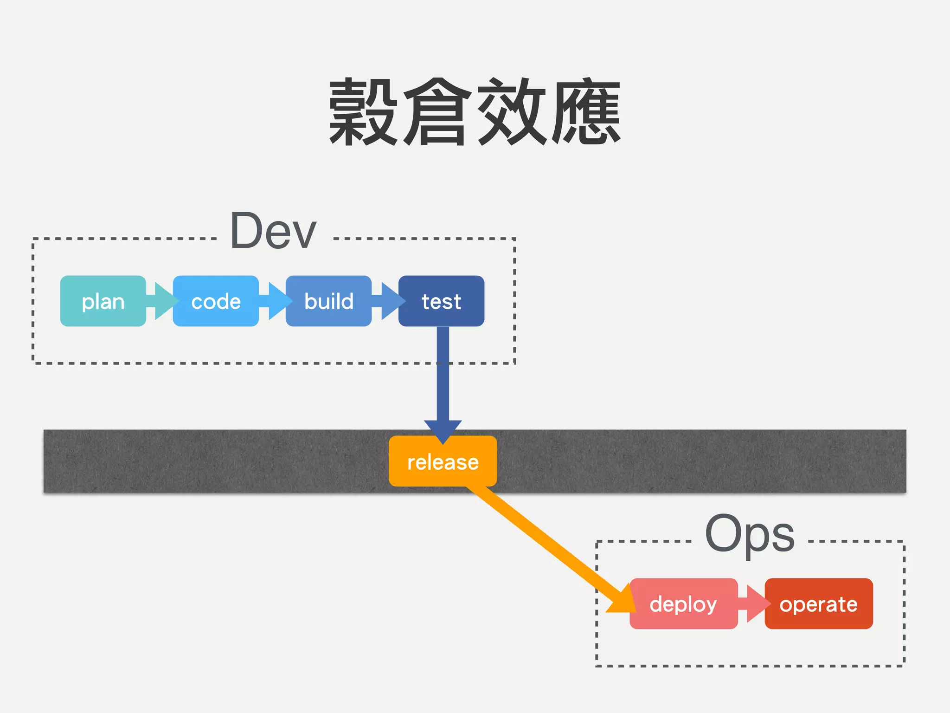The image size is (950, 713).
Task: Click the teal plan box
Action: click(103, 301)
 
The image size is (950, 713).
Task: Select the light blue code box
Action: click(216, 301)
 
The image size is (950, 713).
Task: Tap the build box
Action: click(328, 301)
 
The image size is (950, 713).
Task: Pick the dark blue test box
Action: click(441, 301)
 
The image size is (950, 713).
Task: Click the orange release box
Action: click(443, 461)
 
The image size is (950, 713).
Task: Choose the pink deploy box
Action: click(683, 603)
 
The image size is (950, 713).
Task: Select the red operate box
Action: click(819, 603)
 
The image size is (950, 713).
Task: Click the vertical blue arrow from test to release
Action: click(443, 381)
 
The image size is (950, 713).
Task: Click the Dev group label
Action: click(273, 231)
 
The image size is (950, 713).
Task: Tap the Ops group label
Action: click(750, 534)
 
